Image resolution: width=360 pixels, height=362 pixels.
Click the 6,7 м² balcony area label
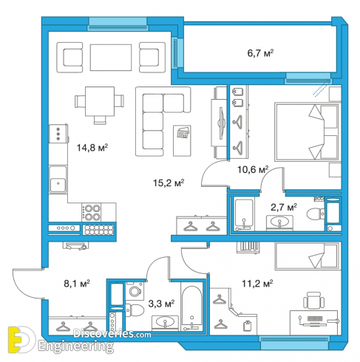coord(260,53)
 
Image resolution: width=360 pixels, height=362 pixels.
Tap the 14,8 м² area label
coord(92,148)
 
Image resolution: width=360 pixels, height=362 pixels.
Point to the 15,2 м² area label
coord(169,182)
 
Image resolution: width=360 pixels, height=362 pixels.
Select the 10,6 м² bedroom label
coord(253,169)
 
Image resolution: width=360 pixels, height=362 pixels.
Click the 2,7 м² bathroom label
coord(284,208)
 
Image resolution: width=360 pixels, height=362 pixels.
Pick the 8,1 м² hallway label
coord(77,284)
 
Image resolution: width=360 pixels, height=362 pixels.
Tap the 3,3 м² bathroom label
coord(161,304)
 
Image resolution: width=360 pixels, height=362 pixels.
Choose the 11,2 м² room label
coord(257,284)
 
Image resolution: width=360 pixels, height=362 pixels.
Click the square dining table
coord(100,101)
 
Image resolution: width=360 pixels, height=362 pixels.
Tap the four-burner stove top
coord(92,212)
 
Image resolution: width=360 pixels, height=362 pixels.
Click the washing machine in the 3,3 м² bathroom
coord(135,291)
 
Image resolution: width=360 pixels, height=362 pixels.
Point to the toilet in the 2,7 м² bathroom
coord(316,214)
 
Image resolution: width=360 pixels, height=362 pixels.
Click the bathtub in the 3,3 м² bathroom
coord(192,308)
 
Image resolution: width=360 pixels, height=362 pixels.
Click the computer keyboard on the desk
coord(315,319)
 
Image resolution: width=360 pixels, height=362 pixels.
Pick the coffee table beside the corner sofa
coord(182,140)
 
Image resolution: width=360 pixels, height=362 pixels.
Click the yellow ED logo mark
coord(21,339)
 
